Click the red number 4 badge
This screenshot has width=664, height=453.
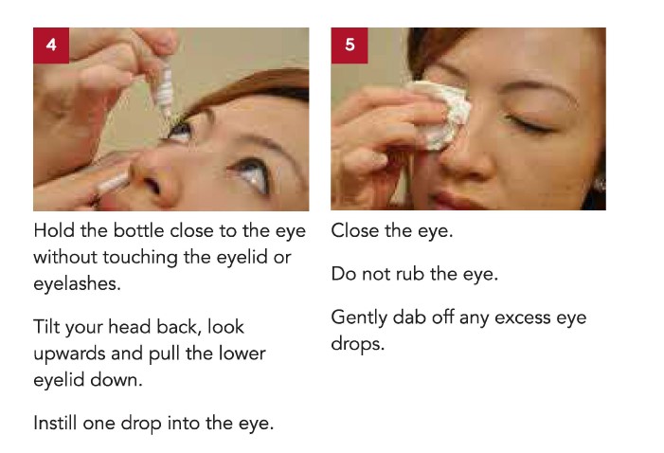pos(51,45)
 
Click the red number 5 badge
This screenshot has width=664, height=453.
pos(350,45)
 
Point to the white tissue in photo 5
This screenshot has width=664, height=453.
pos(440,115)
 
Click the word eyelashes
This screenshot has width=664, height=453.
pos(77,284)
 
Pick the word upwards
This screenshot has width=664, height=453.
pos(69,354)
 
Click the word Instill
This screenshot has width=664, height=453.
pos(55,423)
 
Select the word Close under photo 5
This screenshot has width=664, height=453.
pos(355,231)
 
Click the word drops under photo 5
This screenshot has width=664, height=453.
pos(358,344)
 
